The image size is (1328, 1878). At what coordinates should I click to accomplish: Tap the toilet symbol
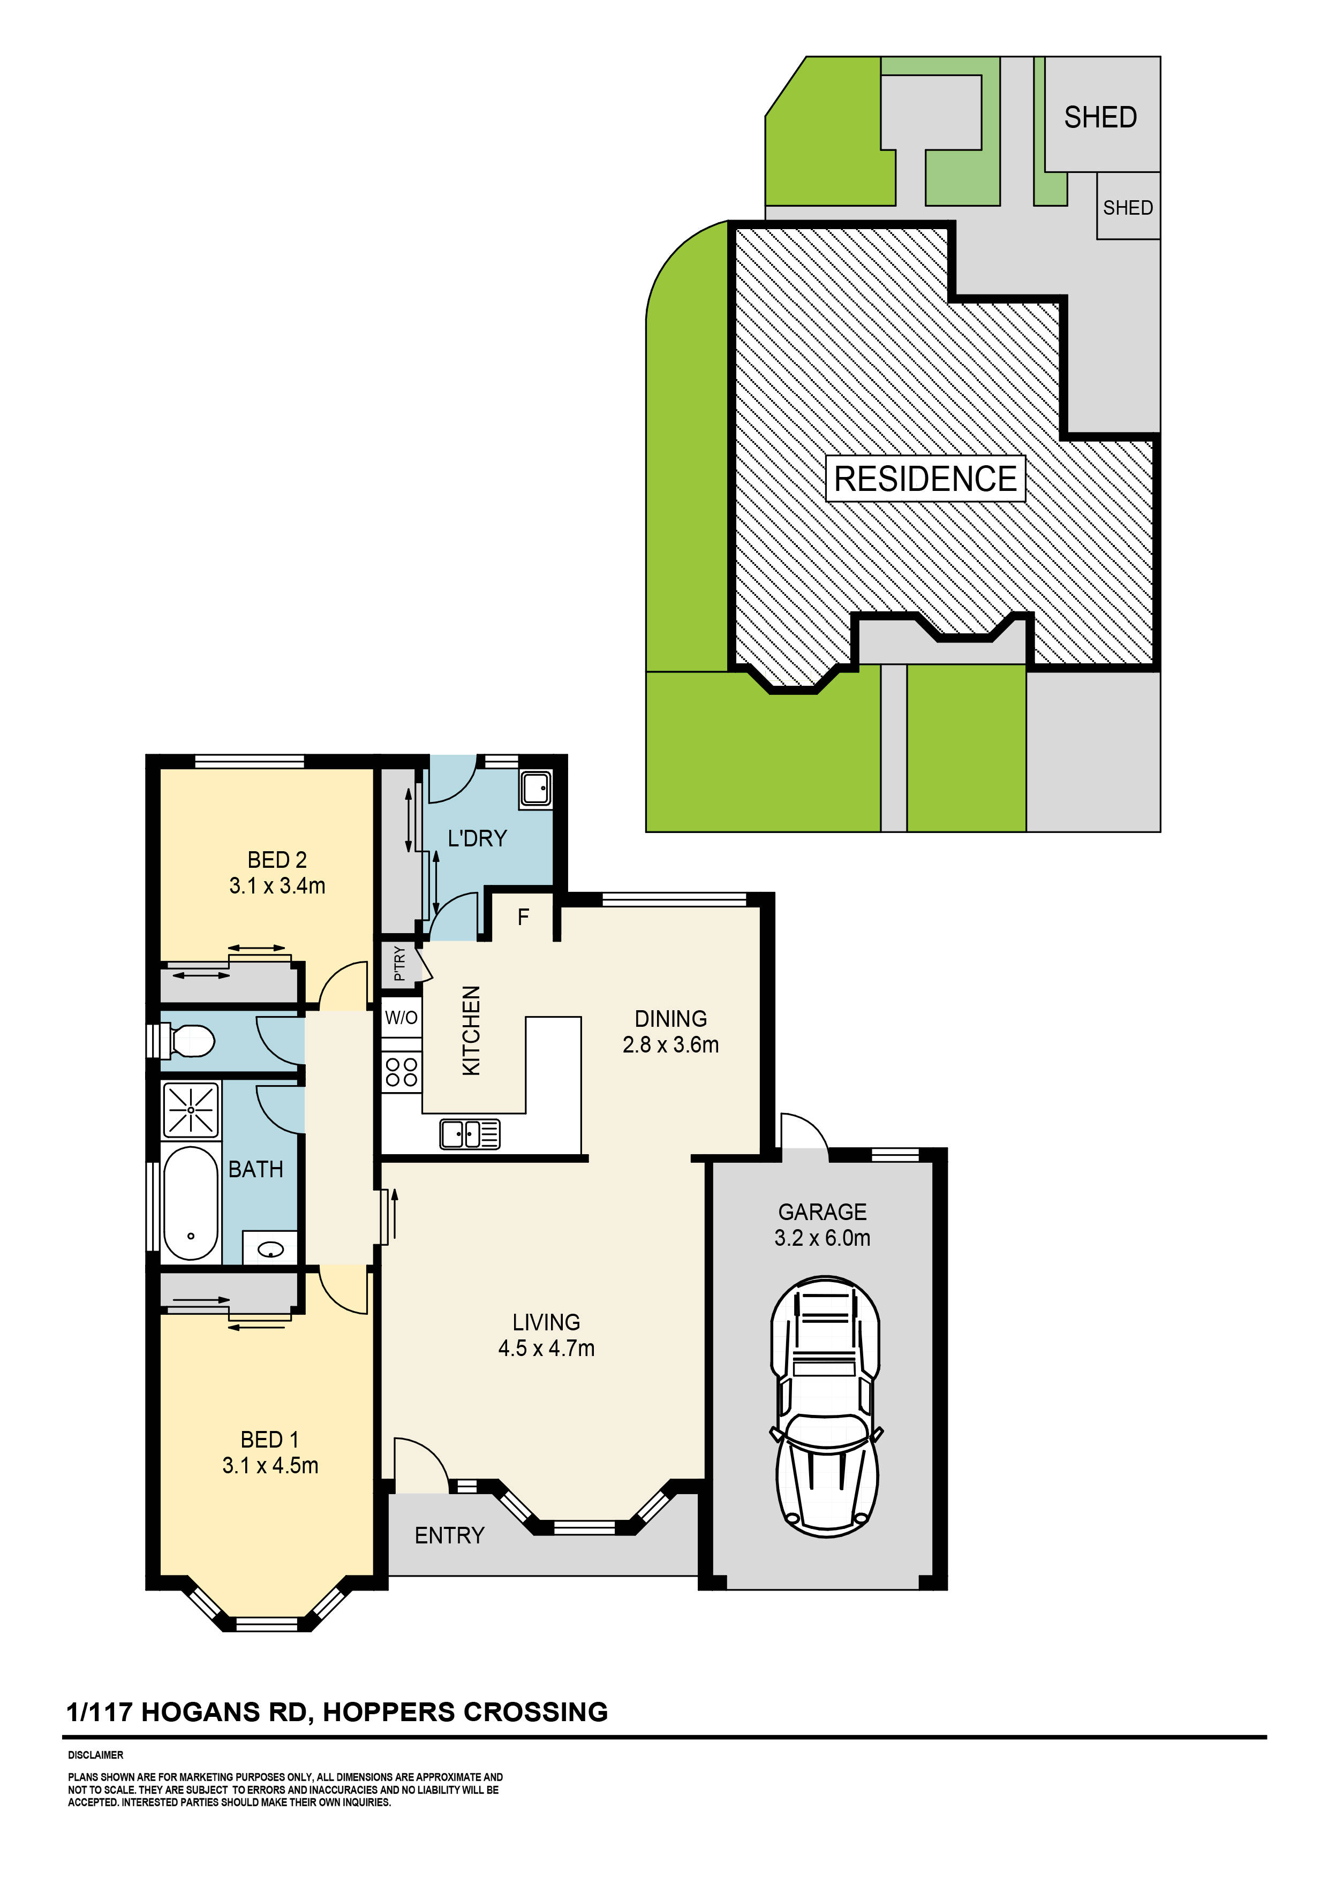(187, 1041)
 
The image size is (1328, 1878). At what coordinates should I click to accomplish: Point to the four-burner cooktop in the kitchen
(402, 1072)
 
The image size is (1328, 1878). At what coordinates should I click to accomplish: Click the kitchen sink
(470, 1134)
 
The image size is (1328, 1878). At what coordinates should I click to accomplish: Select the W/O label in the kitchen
(401, 1018)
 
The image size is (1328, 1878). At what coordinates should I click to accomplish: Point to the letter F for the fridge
(524, 917)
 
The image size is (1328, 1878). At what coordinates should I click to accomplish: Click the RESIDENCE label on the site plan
(925, 479)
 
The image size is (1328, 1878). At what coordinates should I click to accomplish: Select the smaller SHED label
(1128, 208)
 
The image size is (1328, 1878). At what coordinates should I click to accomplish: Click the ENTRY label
(449, 1535)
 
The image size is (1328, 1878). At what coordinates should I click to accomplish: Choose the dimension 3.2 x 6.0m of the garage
(823, 1238)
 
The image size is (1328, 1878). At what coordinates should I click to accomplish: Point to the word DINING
(671, 1018)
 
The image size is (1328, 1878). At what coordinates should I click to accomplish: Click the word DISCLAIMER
(96, 1755)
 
